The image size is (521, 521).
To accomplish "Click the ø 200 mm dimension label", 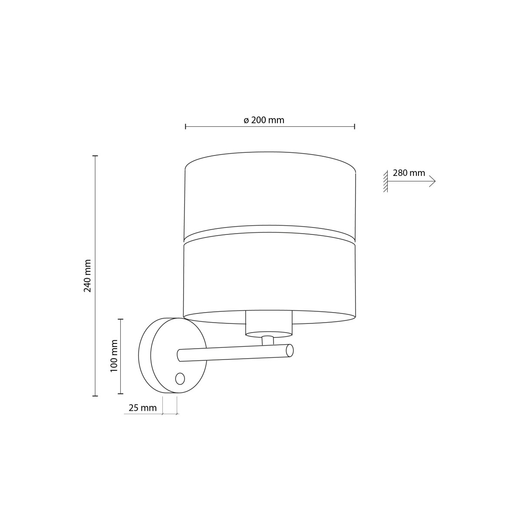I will [264, 120].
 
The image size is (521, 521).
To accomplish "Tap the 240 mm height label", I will [88, 276].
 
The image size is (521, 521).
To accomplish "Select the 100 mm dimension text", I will [114, 356].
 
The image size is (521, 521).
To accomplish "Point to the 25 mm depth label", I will [142, 408].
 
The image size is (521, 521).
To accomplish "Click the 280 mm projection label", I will [409, 173].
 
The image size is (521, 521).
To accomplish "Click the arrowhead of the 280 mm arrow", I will [432, 181].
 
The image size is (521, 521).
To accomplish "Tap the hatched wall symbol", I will [385, 181].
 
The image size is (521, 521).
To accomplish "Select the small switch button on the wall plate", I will [180, 379].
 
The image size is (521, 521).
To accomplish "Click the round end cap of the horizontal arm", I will [290, 350].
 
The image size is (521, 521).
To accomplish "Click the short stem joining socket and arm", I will [268, 340].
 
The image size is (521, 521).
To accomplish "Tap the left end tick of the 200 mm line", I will [185, 126].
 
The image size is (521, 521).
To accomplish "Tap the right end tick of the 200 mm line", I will [355, 126].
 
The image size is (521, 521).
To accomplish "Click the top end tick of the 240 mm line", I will [95, 155].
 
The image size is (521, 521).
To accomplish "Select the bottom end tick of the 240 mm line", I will [95, 396].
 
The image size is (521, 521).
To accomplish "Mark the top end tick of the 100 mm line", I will [121, 319].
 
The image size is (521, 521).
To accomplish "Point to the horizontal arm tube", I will [234, 353].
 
